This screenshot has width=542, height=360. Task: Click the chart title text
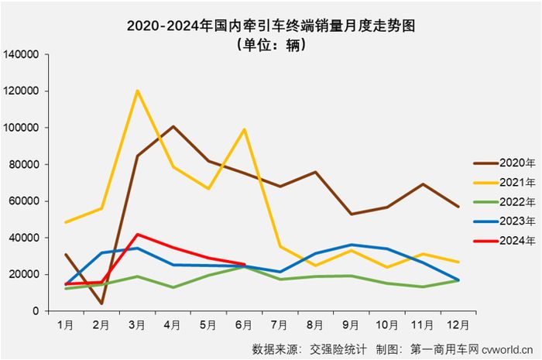pos(271,25)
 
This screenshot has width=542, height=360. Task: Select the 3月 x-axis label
pos(138,324)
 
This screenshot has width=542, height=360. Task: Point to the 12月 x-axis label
pos(458,324)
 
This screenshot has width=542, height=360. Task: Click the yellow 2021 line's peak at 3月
pos(138,91)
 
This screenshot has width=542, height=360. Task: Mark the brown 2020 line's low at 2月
pos(102,303)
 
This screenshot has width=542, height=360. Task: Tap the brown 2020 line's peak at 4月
pos(173,126)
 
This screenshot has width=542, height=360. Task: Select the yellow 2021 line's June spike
pos(245,129)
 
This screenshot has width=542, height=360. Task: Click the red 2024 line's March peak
pos(138,234)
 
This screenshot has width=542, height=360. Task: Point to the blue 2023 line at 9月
pos(352,245)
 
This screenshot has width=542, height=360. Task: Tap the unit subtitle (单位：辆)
pos(271,45)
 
